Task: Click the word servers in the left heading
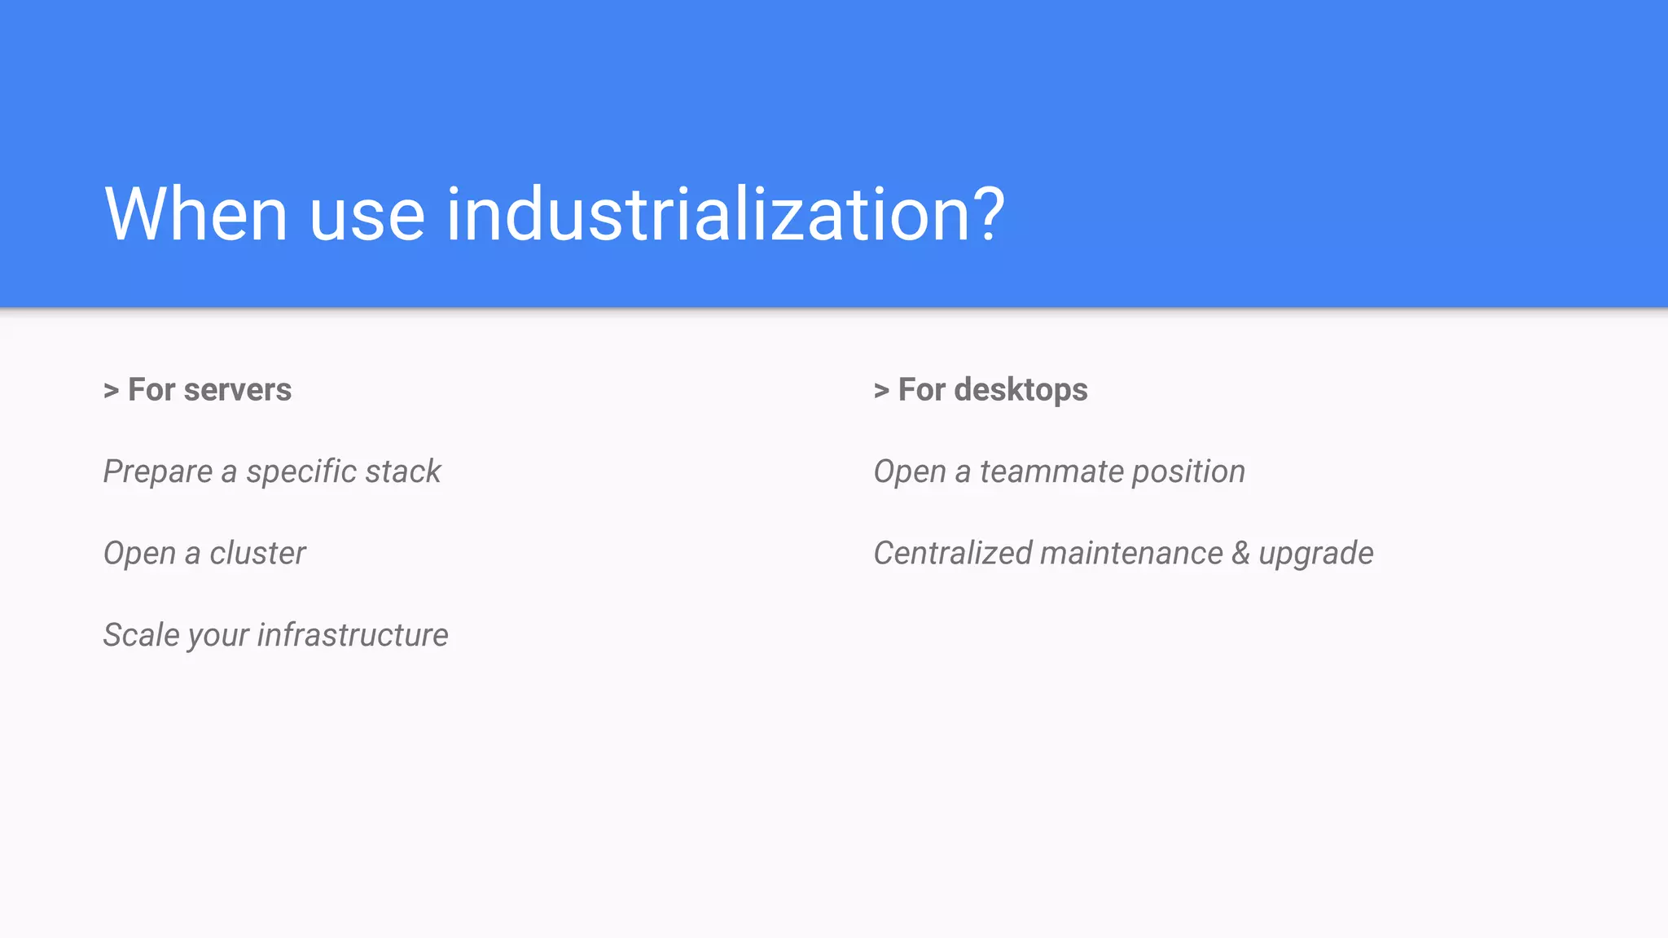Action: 237,390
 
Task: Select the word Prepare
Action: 158,472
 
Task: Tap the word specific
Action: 301,472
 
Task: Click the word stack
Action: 402,472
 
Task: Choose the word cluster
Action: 257,554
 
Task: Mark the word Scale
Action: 141,635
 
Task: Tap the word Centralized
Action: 953,554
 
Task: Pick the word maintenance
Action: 1131,554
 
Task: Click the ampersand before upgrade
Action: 1240,554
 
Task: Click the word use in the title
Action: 367,216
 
